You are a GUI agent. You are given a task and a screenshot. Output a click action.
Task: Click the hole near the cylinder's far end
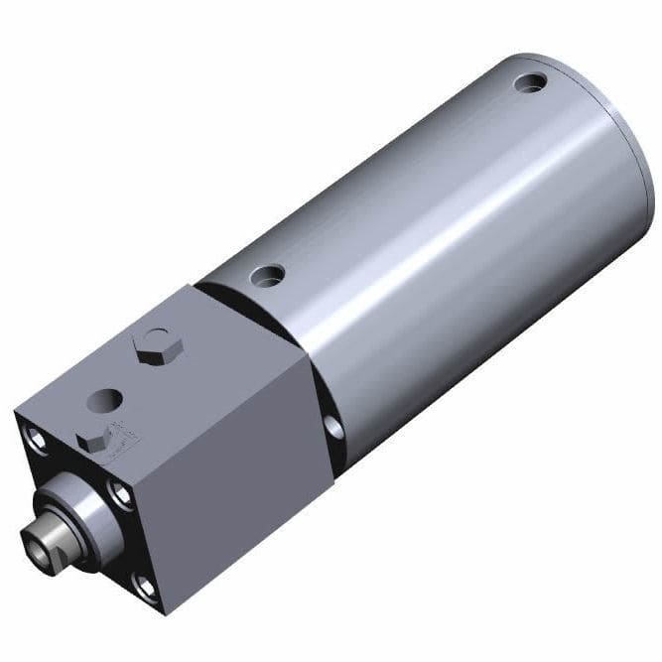click(x=535, y=82)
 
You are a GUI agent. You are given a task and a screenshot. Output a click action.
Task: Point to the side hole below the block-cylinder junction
click(x=333, y=428)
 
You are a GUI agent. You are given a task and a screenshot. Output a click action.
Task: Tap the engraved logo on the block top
click(x=127, y=433)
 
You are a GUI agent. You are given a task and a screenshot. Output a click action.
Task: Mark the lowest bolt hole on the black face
click(x=147, y=588)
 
